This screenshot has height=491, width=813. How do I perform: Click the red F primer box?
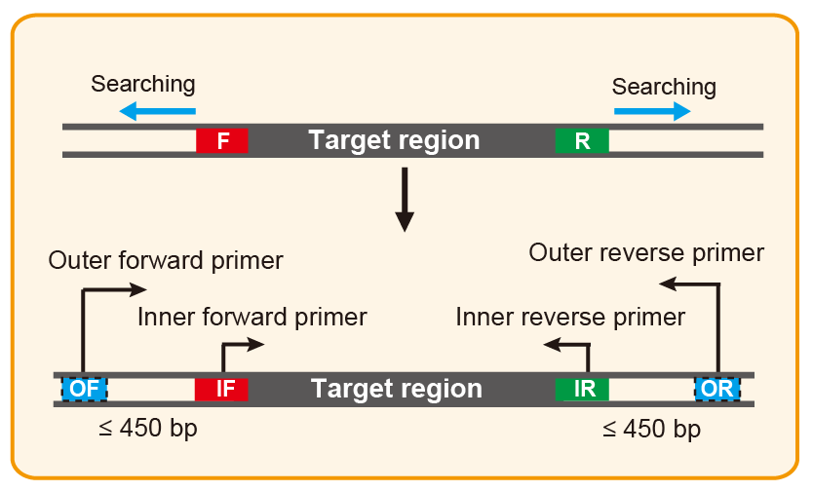point(222,140)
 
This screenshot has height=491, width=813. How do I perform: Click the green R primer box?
point(582,140)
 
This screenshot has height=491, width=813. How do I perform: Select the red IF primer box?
point(222,389)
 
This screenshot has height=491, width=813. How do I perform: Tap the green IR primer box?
point(582,389)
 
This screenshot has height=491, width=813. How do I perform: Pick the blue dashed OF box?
point(85,389)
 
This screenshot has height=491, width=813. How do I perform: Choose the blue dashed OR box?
point(716,389)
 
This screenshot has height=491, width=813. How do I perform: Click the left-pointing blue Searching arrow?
point(157,112)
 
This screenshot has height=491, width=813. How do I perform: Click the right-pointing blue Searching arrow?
point(651,112)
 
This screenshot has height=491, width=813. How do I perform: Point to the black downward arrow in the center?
point(404,199)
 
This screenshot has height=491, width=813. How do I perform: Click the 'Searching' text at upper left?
point(142,85)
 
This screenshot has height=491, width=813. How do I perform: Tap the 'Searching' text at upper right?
point(664,87)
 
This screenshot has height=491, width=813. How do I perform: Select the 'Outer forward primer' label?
point(166,261)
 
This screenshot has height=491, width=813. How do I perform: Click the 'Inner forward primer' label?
point(252,317)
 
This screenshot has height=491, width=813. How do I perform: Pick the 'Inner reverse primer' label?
point(570,317)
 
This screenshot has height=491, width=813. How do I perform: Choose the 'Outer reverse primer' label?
point(646,253)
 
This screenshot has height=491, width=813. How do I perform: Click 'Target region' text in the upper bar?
point(394,140)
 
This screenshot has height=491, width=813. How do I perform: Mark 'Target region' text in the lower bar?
point(396,389)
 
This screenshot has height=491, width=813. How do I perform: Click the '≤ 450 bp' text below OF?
point(147,429)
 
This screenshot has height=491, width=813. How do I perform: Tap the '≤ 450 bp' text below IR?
point(651,429)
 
